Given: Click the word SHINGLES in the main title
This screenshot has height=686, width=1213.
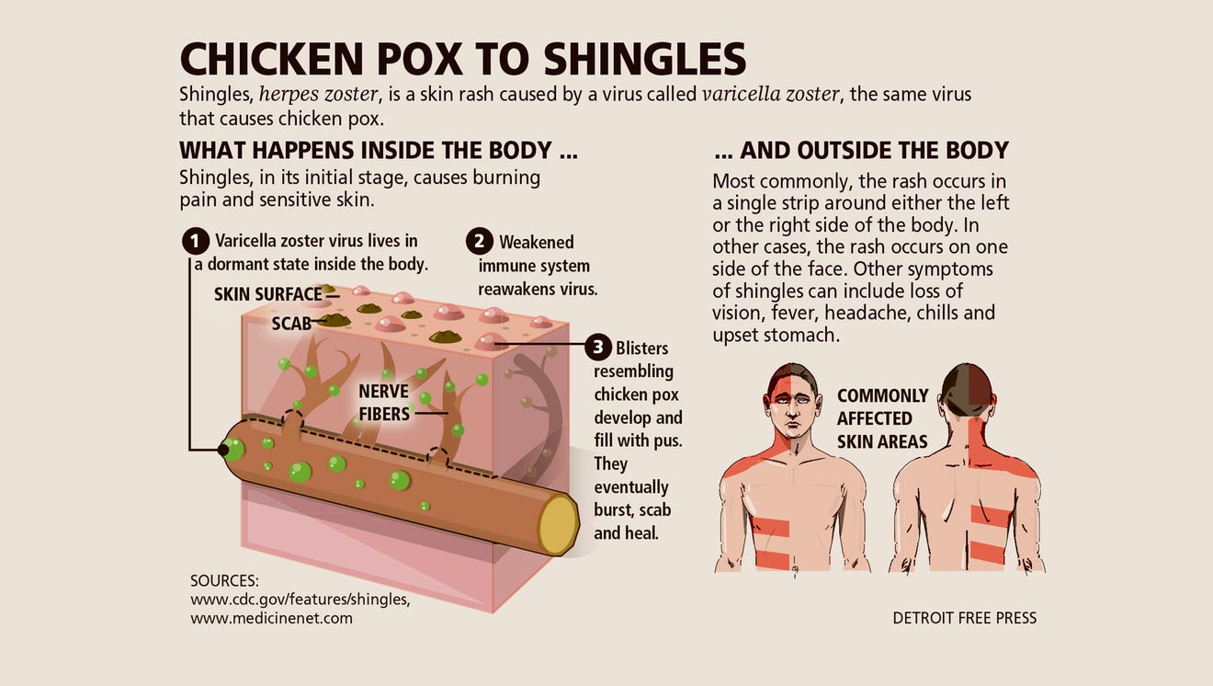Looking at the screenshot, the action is (645, 59).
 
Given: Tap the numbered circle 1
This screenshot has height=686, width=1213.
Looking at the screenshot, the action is (196, 241).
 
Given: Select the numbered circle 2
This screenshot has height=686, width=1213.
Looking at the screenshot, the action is (480, 241).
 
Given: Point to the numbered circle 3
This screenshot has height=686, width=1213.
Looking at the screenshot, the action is (598, 347).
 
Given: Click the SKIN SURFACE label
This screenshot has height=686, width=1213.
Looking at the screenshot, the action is (268, 294).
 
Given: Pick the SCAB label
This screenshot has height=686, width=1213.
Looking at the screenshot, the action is (291, 324).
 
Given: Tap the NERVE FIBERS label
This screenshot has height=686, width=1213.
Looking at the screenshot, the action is (384, 403).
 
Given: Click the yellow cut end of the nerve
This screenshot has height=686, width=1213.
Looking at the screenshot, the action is (559, 524).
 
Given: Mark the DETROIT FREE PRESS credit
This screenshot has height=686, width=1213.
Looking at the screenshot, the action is (965, 618).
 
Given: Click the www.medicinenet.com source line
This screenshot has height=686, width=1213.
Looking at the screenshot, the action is (271, 618).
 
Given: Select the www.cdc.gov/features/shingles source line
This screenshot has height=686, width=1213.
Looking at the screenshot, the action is (300, 600).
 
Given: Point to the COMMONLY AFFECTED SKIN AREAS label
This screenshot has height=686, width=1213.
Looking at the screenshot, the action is (883, 418).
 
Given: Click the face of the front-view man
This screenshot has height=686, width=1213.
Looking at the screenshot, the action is (792, 407).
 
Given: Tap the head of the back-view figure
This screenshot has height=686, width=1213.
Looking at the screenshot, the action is (967, 390).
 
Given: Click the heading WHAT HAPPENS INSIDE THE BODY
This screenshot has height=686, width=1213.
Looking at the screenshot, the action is (379, 150).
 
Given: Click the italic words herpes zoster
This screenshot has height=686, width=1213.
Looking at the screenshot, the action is (318, 95).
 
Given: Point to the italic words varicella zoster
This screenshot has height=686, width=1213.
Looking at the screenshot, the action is (771, 95).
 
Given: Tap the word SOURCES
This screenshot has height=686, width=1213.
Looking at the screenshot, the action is (224, 581).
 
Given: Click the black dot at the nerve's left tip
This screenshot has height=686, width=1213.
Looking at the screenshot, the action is (223, 450).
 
